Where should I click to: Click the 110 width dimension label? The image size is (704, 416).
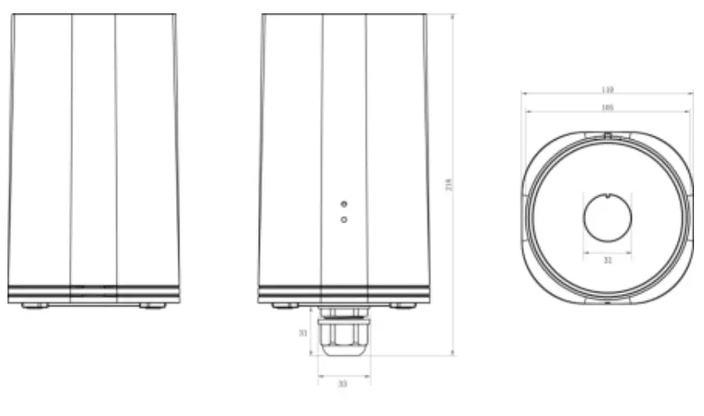pyautogui.click(x=607, y=89)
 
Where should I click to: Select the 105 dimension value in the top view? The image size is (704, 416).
pyautogui.click(x=607, y=107)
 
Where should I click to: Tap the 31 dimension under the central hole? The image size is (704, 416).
pyautogui.click(x=607, y=260)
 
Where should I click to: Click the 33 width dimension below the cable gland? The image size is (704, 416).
pyautogui.click(x=342, y=384)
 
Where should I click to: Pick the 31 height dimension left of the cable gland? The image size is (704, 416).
pyautogui.click(x=304, y=333)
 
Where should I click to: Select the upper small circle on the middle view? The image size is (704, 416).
pyautogui.click(x=344, y=203)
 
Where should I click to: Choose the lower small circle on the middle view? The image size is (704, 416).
pyautogui.click(x=344, y=219)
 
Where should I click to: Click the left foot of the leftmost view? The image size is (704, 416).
pyautogui.click(x=34, y=306)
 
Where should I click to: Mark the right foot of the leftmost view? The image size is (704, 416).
pyautogui.click(x=152, y=306)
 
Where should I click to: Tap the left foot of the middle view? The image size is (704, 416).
pyautogui.click(x=285, y=306)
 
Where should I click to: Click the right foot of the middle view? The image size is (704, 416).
pyautogui.click(x=403, y=306)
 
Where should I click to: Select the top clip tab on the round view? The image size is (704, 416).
pyautogui.click(x=608, y=134)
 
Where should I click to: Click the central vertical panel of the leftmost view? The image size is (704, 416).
pyautogui.click(x=93, y=149)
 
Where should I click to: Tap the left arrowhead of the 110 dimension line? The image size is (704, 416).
pyautogui.click(x=525, y=94)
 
